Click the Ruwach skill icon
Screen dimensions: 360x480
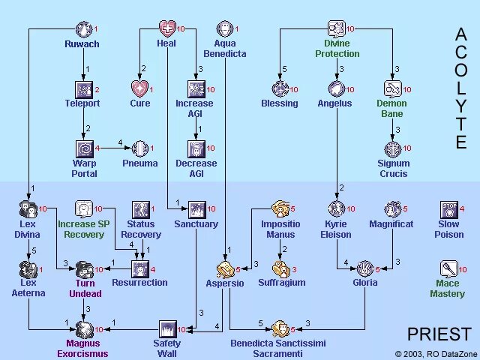click(x=85, y=29)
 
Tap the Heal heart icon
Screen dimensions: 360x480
click(x=166, y=29)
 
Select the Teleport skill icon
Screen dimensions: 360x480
click(x=83, y=89)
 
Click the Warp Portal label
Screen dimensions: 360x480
click(x=84, y=169)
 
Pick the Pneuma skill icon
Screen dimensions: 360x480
click(x=140, y=148)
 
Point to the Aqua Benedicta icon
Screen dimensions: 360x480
click(x=225, y=29)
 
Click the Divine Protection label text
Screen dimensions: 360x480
click(x=337, y=49)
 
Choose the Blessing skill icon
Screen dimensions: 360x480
click(x=280, y=89)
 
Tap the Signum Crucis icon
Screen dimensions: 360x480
click(x=393, y=148)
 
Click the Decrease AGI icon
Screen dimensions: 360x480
click(x=196, y=148)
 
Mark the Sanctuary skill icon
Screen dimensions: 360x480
click(x=196, y=208)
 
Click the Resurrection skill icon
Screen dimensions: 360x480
click(x=139, y=268)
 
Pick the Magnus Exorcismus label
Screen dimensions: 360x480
click(x=82, y=349)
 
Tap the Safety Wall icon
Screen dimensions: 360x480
click(x=167, y=329)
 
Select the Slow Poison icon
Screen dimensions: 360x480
click(x=448, y=209)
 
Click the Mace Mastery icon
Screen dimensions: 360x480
click(x=448, y=268)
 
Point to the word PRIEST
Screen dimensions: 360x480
click(x=439, y=334)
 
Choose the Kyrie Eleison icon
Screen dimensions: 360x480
click(x=335, y=208)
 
